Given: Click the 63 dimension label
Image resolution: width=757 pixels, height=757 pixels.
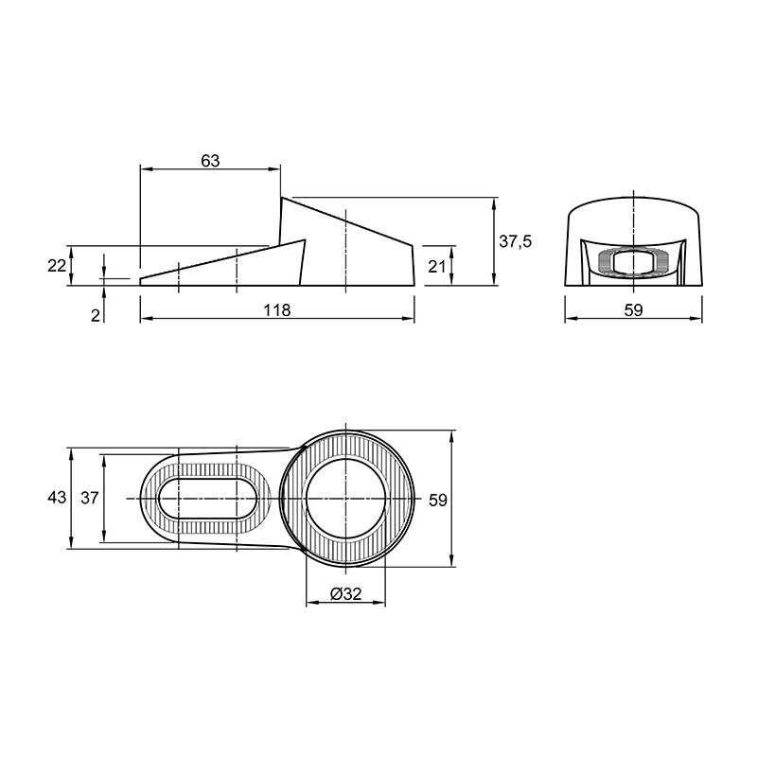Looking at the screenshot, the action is click(x=210, y=161).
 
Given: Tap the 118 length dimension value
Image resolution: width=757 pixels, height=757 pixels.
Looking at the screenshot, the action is click(x=277, y=310).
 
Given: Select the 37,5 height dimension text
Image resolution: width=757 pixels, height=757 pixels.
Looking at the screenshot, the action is click(x=515, y=241).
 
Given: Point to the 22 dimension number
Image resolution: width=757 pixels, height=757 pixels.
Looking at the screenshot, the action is click(x=57, y=266).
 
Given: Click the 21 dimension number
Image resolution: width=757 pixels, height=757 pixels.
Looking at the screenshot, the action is click(x=437, y=266).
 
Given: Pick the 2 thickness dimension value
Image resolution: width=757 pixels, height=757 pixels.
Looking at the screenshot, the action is click(x=96, y=315).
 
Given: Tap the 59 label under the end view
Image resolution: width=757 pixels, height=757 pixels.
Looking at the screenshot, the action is click(x=633, y=310).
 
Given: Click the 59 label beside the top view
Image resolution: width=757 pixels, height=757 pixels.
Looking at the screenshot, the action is click(x=438, y=501).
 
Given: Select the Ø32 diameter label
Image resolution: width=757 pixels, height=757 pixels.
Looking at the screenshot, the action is click(x=345, y=593).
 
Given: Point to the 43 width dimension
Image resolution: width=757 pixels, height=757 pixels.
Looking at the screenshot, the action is click(x=57, y=498).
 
